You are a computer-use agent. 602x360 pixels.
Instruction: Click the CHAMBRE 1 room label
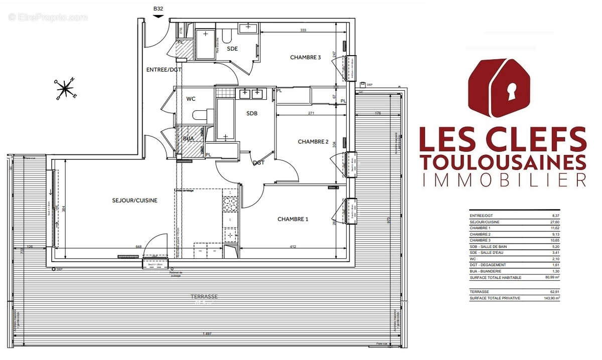coord(293,219)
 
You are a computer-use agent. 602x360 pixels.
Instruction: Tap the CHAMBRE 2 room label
coord(313,142)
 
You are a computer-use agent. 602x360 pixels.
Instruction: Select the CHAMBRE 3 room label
coord(305,58)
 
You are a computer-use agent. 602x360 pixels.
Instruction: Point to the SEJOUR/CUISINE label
coord(134,201)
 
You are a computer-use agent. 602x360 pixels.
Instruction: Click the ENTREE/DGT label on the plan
coord(164,70)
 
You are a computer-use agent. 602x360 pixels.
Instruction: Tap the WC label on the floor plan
coord(191,99)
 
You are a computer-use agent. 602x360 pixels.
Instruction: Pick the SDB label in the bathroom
coord(252,114)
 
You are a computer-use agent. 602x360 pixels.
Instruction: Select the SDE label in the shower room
coord(232,49)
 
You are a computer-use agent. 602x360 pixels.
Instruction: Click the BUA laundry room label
coord(189,138)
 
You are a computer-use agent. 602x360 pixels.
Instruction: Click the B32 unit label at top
coord(159,9)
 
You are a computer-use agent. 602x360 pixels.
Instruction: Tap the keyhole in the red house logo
coord(512,92)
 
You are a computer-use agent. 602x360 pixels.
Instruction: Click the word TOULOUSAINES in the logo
coord(503,162)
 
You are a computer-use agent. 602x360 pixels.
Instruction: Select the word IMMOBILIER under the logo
coord(503,179)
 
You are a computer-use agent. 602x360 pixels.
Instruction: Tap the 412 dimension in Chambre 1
coord(293,246)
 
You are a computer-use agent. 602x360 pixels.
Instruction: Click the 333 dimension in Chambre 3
coord(303,31)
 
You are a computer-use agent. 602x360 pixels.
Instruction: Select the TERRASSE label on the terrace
coord(201,297)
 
